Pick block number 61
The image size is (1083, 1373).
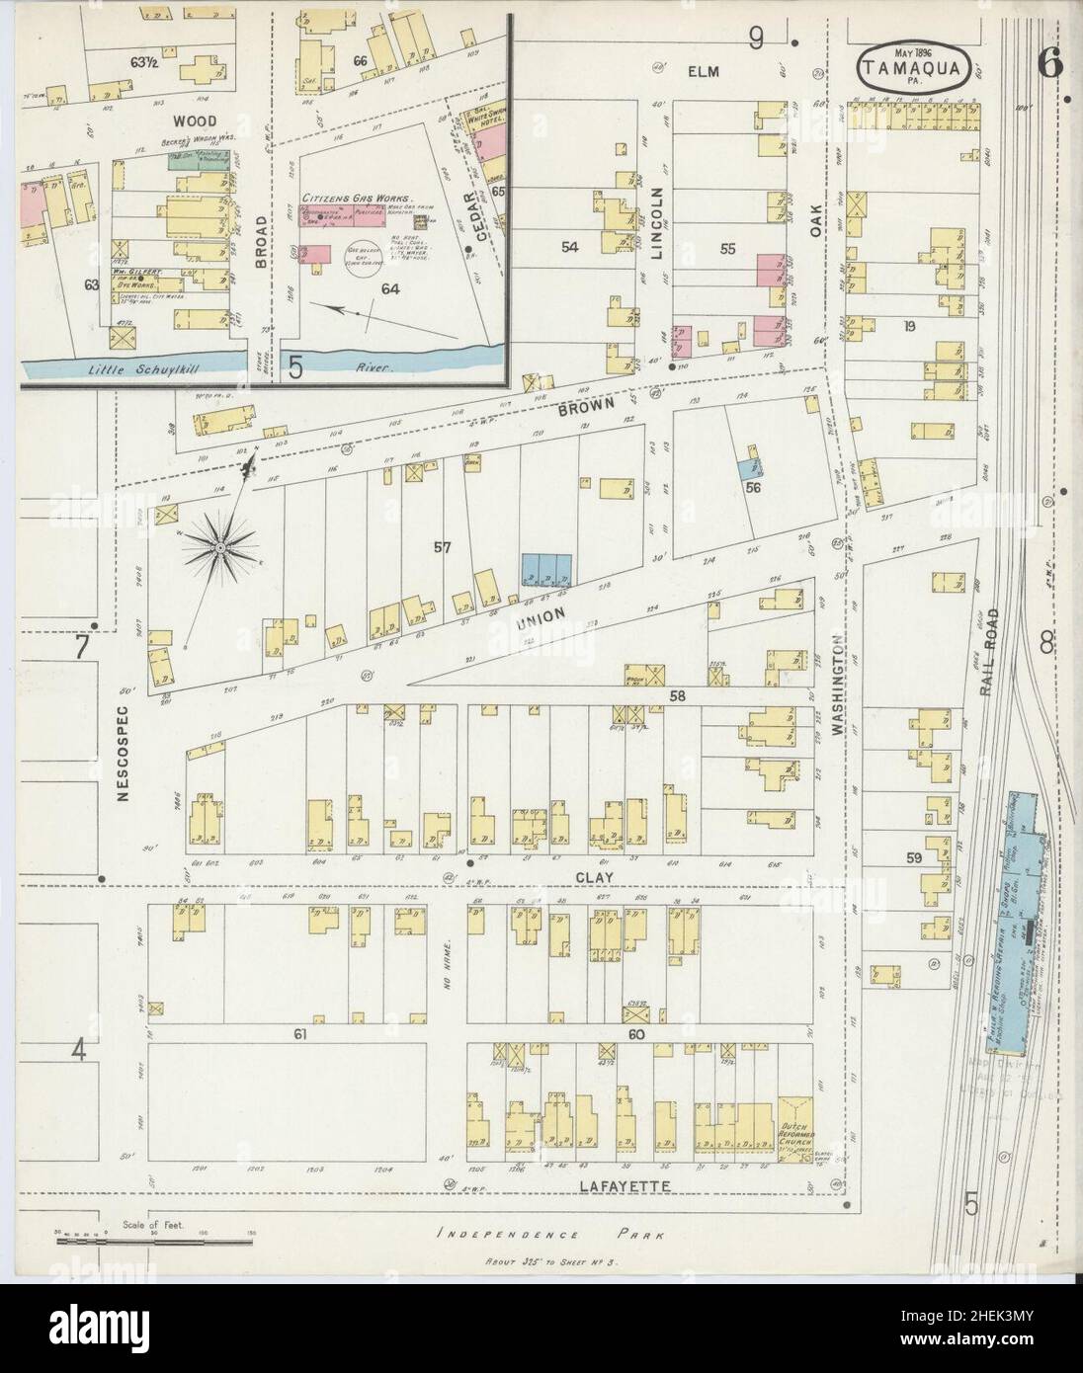coord(299,1035)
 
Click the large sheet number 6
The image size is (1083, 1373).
coord(1048,63)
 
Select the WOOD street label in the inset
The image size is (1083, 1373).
coord(194,120)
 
